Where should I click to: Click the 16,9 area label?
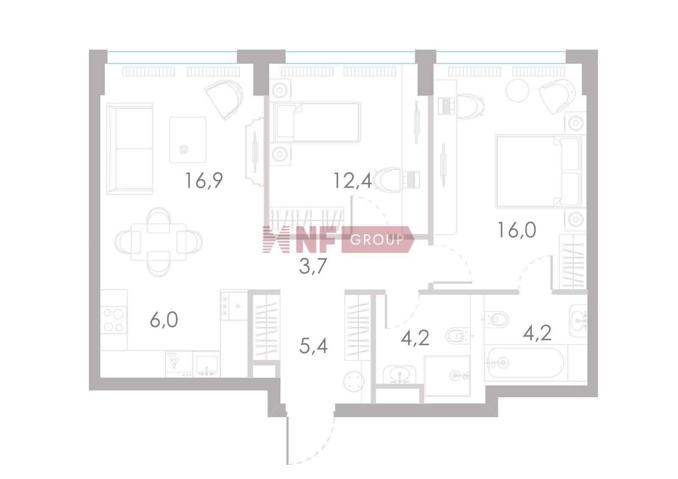pos(204,181)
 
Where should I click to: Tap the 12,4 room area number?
pos(353,181)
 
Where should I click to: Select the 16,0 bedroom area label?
pos(517,230)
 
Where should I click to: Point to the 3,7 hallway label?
pos(313,266)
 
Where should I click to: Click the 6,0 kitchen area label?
pos(164,320)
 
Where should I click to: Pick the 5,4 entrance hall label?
pos(313,346)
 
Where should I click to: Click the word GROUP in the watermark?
pos(377,240)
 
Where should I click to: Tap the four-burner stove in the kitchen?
pos(114,320)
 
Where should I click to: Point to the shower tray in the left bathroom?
pos(447,376)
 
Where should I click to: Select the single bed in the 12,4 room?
pos(315,122)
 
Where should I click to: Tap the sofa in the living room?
pos(130,148)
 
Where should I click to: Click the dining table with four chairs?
pos(158,242)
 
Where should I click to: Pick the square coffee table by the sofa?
pos(188,140)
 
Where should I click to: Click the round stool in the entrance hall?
pos(354,382)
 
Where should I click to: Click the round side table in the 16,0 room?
pos(517,90)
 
